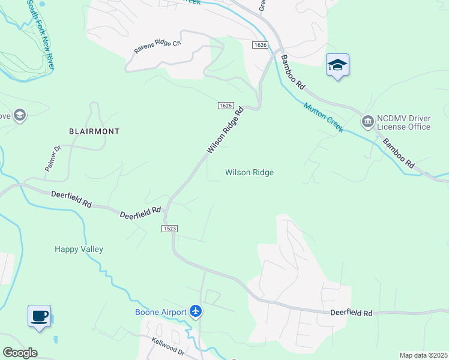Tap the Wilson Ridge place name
249,172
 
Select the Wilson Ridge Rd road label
226,130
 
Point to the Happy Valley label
79,249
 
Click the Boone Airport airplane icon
196,311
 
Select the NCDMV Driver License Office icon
367,122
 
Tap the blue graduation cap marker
337,65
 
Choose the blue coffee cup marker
39,316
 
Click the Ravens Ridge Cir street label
157,47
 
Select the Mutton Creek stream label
322,117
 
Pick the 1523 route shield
169,229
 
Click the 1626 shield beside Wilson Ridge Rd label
225,105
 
